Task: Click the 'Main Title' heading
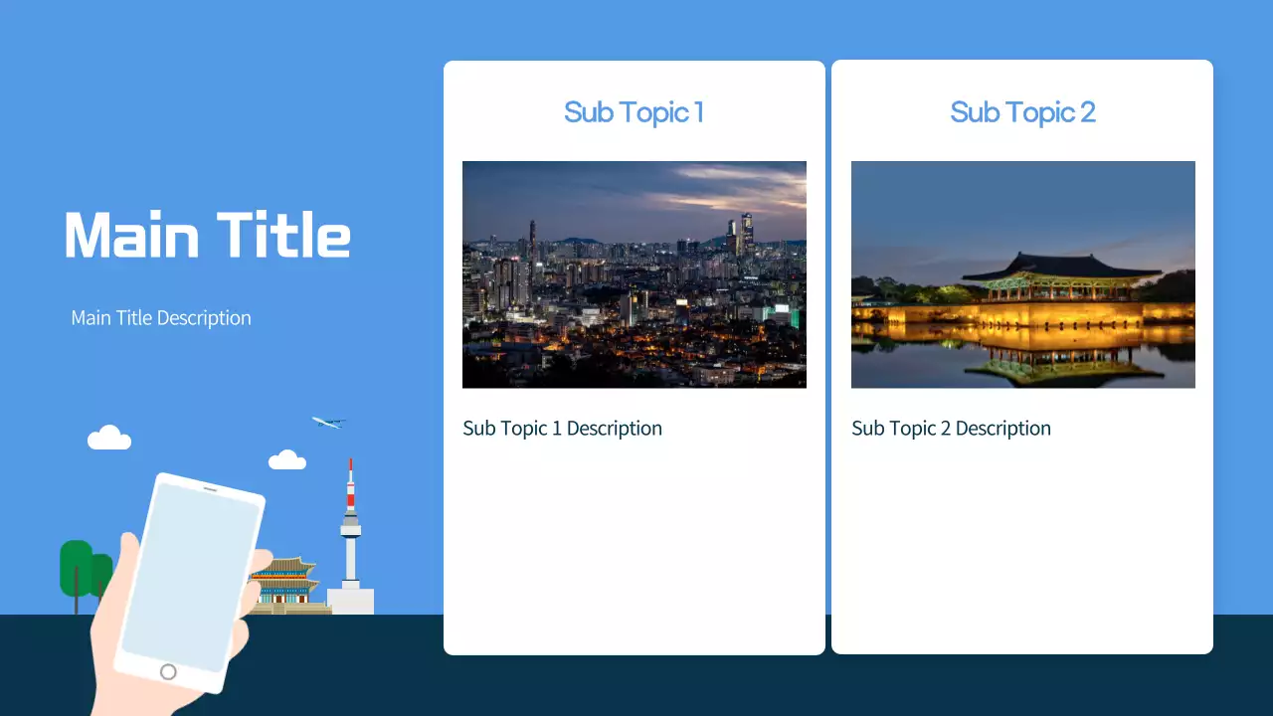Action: click(x=207, y=236)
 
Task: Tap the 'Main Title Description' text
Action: click(x=161, y=318)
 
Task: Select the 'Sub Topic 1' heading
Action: click(x=634, y=112)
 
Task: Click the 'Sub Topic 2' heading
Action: click(x=1022, y=112)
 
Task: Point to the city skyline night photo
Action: click(x=634, y=273)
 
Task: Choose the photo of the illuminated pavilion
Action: click(x=1022, y=273)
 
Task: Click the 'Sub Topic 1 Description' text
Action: click(x=562, y=429)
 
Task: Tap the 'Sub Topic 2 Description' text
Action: click(x=951, y=429)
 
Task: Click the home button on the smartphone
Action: click(x=168, y=672)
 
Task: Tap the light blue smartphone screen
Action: click(x=189, y=577)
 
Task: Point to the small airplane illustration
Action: click(x=326, y=423)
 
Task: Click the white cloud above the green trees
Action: click(x=109, y=439)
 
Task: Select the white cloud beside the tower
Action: click(x=287, y=459)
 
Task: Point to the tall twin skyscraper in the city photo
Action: click(x=746, y=232)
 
